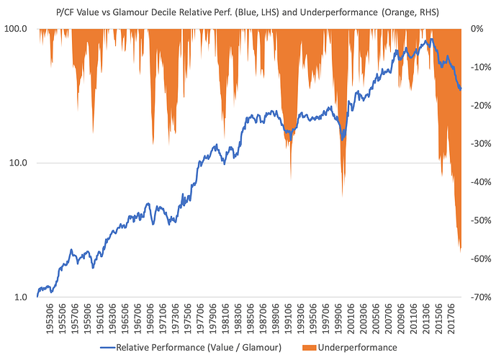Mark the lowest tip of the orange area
(x=459, y=252)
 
